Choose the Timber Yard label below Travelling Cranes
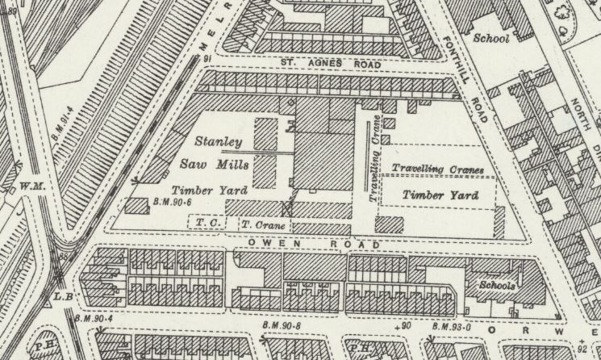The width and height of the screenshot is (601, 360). [x=440, y=195]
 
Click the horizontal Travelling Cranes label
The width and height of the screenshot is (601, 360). [x=437, y=170]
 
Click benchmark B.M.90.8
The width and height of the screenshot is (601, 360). [x=285, y=325]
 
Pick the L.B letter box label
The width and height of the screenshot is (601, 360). [x=65, y=297]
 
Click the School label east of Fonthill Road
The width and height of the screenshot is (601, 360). [x=490, y=38]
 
